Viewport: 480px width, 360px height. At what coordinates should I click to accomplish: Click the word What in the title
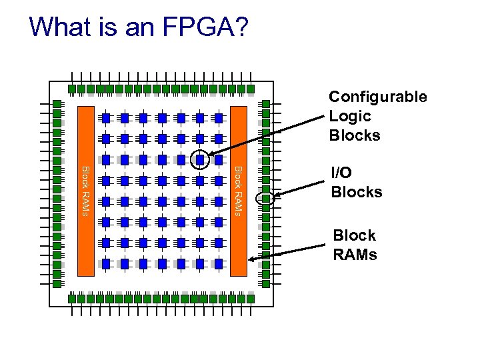(59, 27)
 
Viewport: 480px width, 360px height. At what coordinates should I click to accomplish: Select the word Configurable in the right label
(378, 97)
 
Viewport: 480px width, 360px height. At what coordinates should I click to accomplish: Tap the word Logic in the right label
(350, 116)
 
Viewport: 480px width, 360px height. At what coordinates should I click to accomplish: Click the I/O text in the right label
(342, 173)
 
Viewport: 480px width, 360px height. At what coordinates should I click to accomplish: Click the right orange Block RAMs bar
(239, 190)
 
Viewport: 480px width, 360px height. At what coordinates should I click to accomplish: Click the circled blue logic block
(199, 159)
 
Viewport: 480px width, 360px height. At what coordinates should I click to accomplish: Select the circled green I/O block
(265, 198)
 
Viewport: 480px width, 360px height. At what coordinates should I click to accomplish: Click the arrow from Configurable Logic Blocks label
(267, 137)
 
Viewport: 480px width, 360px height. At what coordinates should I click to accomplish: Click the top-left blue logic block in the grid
(105, 118)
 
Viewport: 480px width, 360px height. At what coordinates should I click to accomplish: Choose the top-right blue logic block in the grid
(218, 118)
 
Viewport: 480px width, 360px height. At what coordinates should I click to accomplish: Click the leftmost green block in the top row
(71, 89)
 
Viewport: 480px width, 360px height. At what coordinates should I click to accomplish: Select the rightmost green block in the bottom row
(251, 298)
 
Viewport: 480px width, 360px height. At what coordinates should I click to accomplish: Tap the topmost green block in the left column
(57, 104)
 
